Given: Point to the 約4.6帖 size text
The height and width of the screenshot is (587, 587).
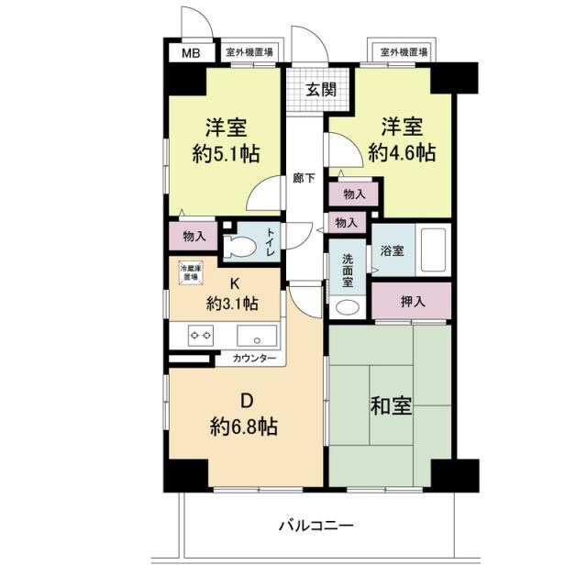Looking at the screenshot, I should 402,154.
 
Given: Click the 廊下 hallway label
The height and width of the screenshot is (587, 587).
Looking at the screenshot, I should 305,178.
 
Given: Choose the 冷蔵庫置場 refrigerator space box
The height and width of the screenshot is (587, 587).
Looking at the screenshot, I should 190,271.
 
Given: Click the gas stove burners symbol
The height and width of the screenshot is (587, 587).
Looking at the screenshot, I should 201,335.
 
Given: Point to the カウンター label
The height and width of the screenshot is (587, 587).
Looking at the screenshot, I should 254,359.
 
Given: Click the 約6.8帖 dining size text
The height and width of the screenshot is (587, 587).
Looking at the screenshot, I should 244,426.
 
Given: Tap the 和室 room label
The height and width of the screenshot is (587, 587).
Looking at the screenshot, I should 391,403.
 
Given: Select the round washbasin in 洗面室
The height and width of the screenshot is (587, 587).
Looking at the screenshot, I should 348,308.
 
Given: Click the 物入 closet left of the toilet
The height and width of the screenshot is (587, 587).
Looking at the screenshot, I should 194,236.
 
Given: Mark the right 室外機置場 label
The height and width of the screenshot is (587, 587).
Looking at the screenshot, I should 403,52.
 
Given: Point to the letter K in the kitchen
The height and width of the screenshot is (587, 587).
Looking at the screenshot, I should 233,282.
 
